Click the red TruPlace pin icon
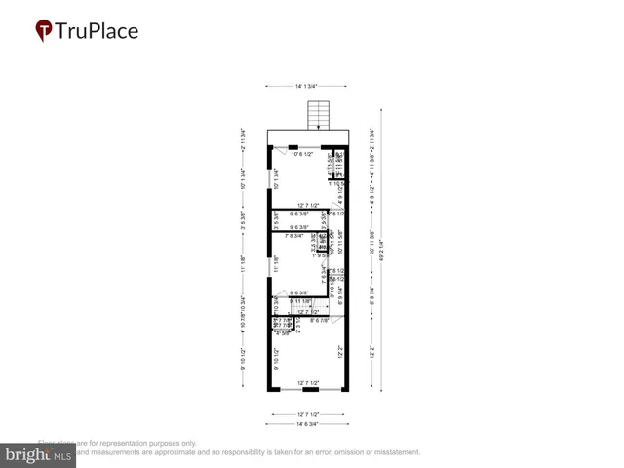pos(44,31)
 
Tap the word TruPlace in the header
pos(97,31)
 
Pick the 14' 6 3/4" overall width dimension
pos(308,423)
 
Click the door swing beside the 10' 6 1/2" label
pos(281,152)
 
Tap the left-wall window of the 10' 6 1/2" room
pos(270,175)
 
